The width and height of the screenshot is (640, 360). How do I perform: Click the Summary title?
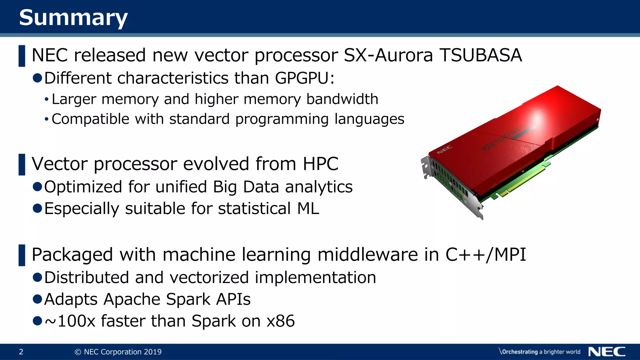point(73,17)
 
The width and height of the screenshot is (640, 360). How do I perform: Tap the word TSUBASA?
point(481,55)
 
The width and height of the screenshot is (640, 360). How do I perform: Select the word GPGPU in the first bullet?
point(302,78)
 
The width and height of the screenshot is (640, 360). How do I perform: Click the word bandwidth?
point(342,99)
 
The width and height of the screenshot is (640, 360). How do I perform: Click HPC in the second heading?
point(320,164)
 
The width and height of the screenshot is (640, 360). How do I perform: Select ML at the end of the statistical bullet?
point(308,208)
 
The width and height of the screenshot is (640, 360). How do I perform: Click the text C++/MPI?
point(486,254)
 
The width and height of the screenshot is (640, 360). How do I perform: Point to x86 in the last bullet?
point(280,321)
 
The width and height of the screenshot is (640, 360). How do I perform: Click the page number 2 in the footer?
point(21,352)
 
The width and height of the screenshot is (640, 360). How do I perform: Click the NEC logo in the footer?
point(607,352)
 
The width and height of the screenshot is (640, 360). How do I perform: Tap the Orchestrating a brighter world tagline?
point(540,352)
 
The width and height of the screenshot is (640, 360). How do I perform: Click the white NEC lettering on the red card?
point(444,150)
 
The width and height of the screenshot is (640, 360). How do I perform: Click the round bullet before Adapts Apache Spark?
point(37,299)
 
